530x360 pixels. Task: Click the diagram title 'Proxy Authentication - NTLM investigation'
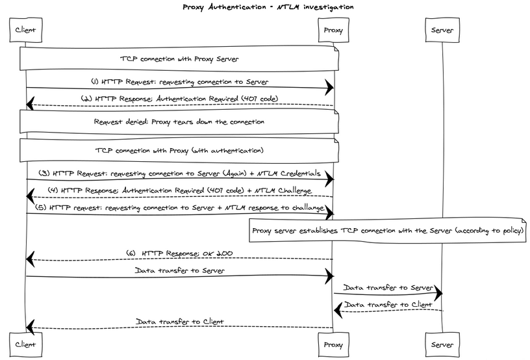click(x=268, y=6)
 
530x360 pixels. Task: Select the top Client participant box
click(x=25, y=30)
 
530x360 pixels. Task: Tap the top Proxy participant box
click(x=333, y=30)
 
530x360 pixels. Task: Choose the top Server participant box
click(x=442, y=30)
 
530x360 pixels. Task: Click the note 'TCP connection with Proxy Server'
click(x=179, y=58)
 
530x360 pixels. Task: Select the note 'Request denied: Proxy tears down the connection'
click(x=179, y=122)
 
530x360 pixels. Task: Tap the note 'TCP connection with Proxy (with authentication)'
click(x=179, y=151)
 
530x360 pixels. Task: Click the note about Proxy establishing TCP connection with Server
click(x=388, y=230)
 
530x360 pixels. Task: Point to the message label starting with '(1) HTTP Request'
click(x=180, y=82)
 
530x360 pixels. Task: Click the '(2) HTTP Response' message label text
click(x=179, y=99)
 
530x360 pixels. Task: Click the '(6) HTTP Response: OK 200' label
click(x=180, y=253)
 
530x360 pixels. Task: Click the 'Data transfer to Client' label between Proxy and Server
click(x=388, y=303)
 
